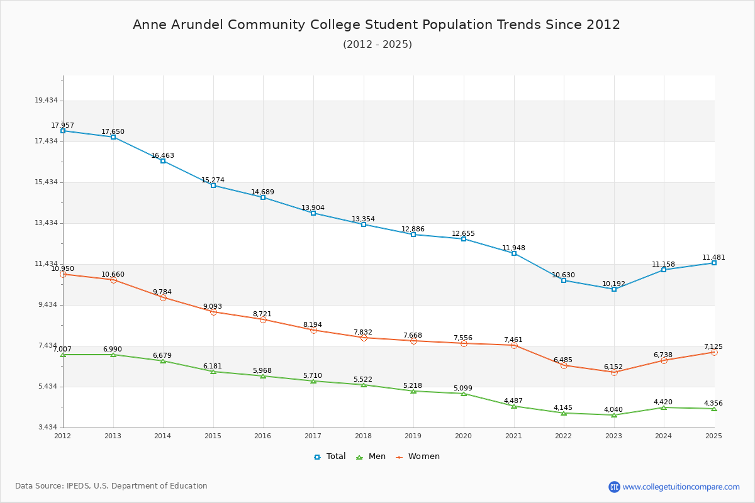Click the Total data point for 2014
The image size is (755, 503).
pos(163,161)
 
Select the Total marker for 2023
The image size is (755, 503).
pos(614,289)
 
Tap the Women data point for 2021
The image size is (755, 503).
pos(514,345)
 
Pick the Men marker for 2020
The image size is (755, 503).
pos(464,394)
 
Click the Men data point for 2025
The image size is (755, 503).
pos(714,409)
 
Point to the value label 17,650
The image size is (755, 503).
pos(113,132)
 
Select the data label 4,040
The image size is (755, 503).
pos(613,410)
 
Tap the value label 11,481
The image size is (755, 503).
pos(713,258)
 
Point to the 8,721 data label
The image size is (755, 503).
pos(263,314)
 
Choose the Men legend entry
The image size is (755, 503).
pos(371,456)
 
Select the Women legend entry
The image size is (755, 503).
pos(418,456)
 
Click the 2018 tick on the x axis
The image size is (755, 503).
pos(364,436)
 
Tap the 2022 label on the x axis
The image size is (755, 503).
pos(564,436)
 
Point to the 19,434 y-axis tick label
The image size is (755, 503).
pos(46,101)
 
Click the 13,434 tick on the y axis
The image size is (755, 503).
pos(46,223)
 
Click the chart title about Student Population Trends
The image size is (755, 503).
pos(376,25)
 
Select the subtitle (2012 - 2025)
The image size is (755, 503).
pos(377,45)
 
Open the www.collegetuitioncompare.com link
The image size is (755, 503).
pos(681,487)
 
